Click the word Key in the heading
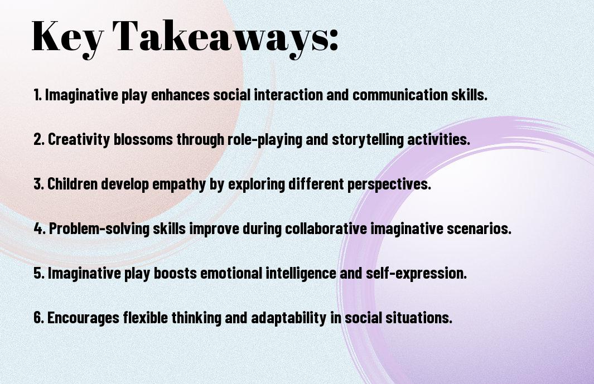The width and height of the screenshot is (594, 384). [67, 38]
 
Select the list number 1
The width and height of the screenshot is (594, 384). [37, 95]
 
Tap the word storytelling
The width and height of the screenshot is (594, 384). [368, 139]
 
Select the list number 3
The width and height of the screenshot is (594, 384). [38, 184]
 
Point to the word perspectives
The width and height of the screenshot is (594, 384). [389, 184]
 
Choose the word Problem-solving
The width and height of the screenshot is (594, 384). [99, 229]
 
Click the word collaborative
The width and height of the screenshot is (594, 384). [326, 229]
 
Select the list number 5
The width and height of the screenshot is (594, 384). [38, 273]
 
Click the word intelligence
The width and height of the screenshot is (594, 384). [300, 273]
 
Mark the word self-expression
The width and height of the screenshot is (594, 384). [416, 273]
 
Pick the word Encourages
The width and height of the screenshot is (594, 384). [83, 318]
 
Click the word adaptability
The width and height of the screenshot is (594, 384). [289, 318]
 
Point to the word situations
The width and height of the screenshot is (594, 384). [419, 318]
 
